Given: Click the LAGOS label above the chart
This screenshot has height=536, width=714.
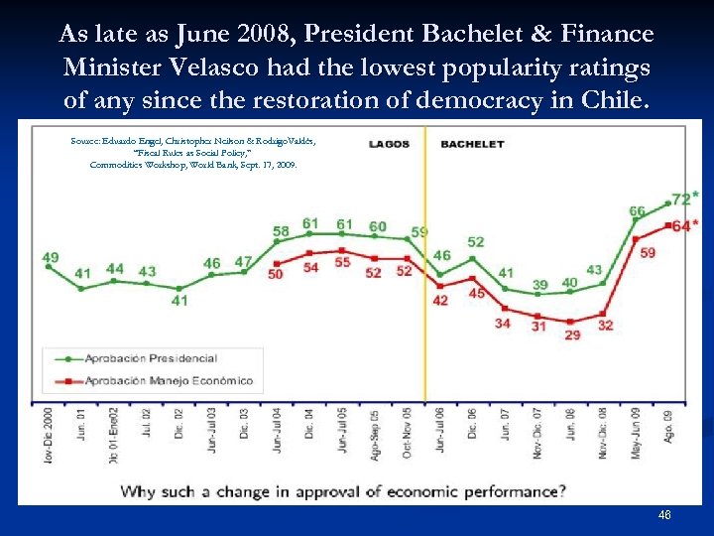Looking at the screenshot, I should coord(389,144).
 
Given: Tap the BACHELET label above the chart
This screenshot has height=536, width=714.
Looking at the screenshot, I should coord(472,144).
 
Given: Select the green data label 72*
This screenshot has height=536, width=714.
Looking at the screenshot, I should coord(681,200).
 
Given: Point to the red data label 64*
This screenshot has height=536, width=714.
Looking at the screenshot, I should coord(681,225).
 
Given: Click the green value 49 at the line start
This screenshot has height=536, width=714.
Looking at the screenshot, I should coord(51,258).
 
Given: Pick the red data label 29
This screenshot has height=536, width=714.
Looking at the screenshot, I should coord(573,335).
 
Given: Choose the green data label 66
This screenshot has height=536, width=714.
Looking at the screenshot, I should coord(637,211).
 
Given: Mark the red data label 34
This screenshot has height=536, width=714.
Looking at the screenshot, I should coord(504,323).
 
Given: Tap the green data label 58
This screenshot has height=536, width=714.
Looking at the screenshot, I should coord(281,231).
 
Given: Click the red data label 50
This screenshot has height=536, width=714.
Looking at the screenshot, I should coord(277,273).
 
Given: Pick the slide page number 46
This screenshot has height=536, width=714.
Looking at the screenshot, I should coord(663,515).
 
